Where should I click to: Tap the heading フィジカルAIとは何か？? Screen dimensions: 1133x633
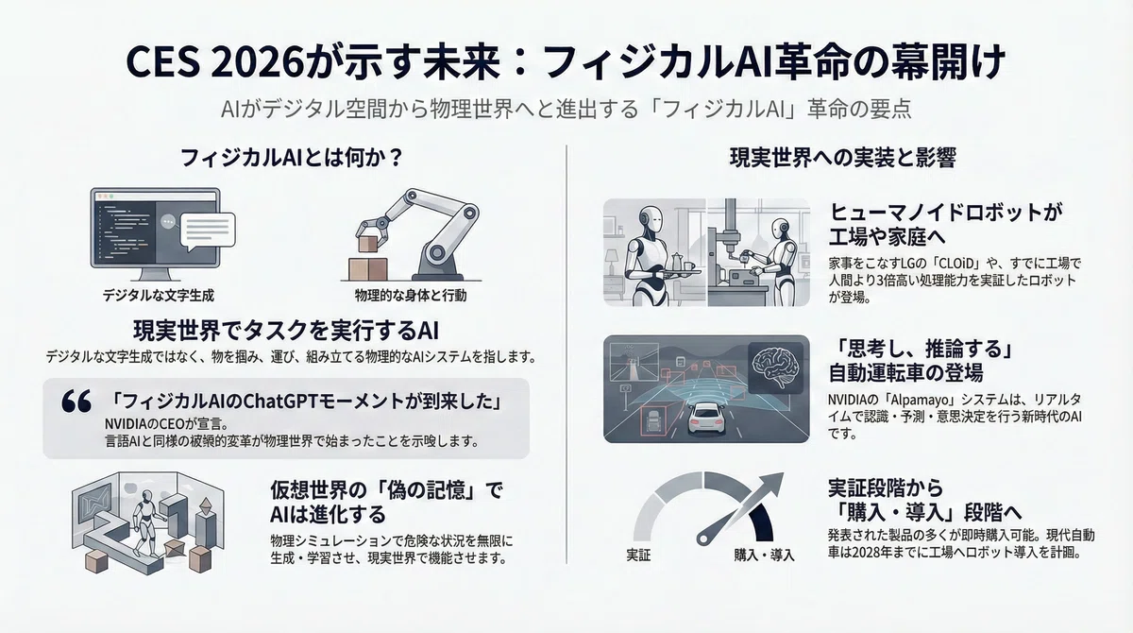pos(292,158)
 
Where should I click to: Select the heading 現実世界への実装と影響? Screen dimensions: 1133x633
pos(842,158)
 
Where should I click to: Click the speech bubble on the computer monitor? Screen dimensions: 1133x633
pos(208,231)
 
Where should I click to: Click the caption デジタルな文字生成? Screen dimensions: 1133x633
pos(159,296)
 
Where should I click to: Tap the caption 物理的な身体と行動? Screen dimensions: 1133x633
pos(411,296)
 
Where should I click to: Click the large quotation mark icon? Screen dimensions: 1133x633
pos(76,402)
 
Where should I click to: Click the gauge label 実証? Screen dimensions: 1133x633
pos(638,556)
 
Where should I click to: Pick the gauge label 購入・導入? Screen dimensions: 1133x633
pos(764,556)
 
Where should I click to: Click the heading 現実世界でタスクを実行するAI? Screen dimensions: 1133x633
pos(286,332)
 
